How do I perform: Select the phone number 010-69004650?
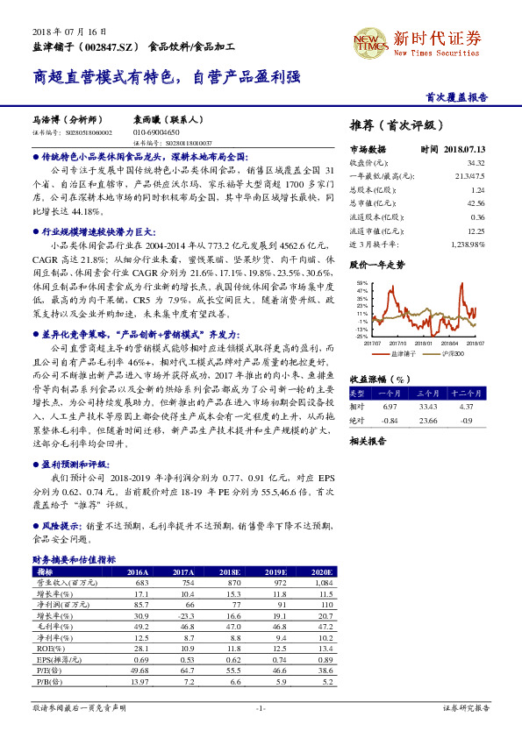[x=156, y=131]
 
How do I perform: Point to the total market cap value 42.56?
[x=476, y=203]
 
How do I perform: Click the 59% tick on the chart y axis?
[x=362, y=284]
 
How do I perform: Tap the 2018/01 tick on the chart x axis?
[x=425, y=344]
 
